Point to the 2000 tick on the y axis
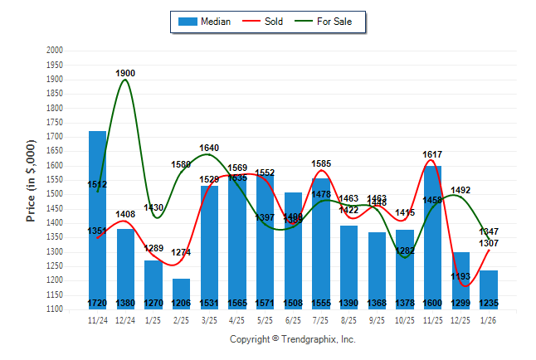[x=55, y=51]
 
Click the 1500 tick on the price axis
[x=55, y=194]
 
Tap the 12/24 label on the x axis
[x=125, y=319]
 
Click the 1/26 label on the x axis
[x=490, y=319]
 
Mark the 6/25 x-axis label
[x=294, y=319]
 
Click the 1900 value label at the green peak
[x=125, y=73]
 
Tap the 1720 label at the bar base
[x=97, y=304]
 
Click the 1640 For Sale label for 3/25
[x=209, y=148]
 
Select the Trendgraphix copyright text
[x=292, y=339]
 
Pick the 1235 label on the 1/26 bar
[x=490, y=304]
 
